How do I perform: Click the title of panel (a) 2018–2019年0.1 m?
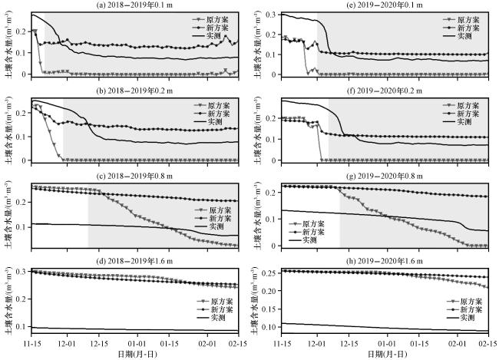coord(143,5)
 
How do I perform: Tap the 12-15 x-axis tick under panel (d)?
coord(102,342)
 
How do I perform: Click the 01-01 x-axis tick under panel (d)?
coord(137,342)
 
